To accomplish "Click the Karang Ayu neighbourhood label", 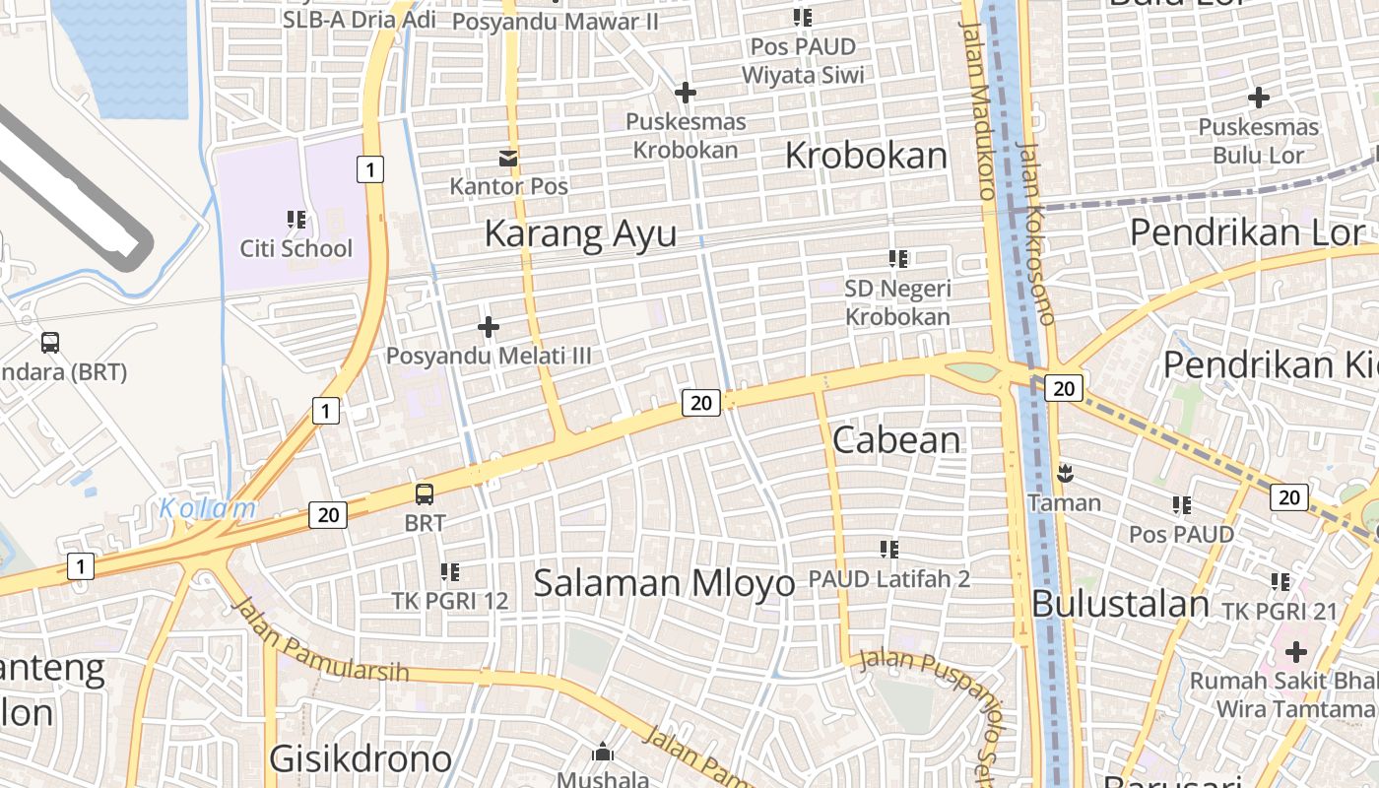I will tap(580, 234).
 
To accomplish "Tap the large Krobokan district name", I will tap(866, 156).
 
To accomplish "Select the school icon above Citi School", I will tap(296, 220).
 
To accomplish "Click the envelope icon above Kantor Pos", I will tap(508, 158).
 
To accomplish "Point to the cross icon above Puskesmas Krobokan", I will tap(686, 93).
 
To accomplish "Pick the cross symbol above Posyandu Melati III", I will tap(489, 326).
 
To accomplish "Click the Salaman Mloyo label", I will tap(664, 583).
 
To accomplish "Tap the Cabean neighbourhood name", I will tap(896, 440).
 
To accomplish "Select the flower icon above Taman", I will tap(1064, 474).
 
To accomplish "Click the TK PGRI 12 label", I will tap(450, 600).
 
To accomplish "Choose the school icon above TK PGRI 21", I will tap(1280, 582).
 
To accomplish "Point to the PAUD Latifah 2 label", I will tap(888, 579).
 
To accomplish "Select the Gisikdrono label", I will tap(361, 759).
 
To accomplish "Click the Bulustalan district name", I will tap(1121, 604).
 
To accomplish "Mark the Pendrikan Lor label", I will tap(1247, 232).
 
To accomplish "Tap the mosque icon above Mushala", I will tap(603, 753).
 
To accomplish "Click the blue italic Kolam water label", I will tap(208, 509).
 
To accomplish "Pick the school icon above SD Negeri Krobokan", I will tap(897, 259).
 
